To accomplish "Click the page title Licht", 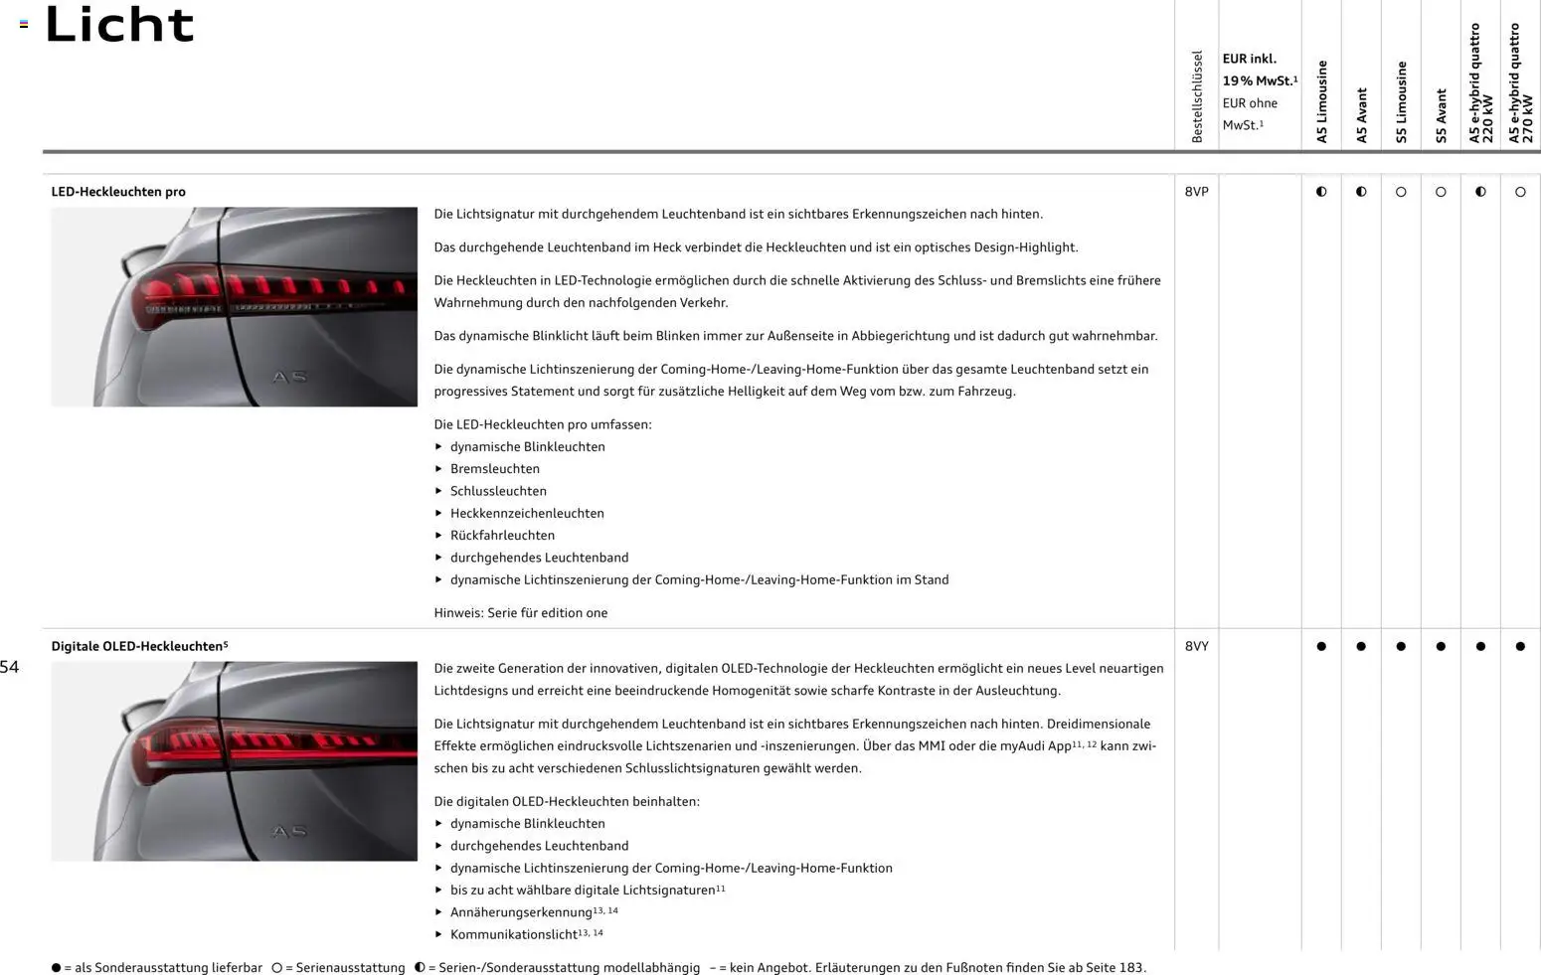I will click(119, 24).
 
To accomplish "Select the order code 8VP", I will click(1196, 192).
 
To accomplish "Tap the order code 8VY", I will click(1196, 646).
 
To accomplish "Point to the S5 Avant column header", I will click(1441, 115).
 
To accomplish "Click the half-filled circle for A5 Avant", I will click(1361, 192).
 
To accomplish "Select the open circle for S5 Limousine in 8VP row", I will click(1401, 192).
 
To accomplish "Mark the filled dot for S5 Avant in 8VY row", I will click(1441, 646).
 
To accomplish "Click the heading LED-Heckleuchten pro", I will click(118, 192).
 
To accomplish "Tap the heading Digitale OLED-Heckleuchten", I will click(137, 646).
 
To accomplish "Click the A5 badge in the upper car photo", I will click(289, 377).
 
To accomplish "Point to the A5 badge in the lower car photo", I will click(289, 831).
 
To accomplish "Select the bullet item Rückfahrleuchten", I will click(502, 535).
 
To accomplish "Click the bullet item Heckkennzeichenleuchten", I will click(527, 513).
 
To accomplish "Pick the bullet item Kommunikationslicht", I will click(514, 934).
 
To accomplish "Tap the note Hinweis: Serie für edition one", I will click(520, 612).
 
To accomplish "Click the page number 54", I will click(10, 667).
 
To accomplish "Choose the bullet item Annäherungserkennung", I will click(521, 912).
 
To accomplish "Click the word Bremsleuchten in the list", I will click(495, 469).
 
